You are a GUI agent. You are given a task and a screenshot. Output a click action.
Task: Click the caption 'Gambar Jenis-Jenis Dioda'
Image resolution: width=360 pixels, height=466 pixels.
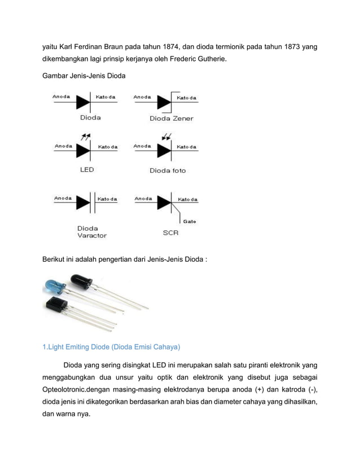pos(85,76)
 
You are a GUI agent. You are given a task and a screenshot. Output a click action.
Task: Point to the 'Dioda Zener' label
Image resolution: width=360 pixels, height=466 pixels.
pos(171,118)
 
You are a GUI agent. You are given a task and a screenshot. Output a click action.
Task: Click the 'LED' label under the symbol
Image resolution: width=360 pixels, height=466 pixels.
pos(86,169)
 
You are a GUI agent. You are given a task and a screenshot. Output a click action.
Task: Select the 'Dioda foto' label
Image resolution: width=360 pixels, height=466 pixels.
pos(168,170)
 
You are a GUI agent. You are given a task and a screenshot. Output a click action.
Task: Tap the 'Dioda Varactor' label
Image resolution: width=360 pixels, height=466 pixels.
pos(91,232)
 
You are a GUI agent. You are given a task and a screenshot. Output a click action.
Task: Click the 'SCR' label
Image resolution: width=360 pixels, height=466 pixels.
pos(170,232)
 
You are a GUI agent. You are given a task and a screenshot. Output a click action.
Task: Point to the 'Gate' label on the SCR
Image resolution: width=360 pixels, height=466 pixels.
pos(189,221)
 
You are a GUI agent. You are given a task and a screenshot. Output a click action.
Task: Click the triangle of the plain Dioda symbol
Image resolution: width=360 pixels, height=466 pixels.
pos(84,102)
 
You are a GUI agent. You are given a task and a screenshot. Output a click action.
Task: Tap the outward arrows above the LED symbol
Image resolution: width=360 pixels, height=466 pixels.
pos(86,137)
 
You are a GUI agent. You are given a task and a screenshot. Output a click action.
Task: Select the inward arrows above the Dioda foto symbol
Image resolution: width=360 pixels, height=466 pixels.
pos(166,137)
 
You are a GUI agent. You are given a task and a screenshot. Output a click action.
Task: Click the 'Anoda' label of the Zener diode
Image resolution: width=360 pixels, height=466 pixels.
pos(142,97)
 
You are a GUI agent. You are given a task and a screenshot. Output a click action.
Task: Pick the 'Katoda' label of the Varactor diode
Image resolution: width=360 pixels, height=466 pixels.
pos(107,199)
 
